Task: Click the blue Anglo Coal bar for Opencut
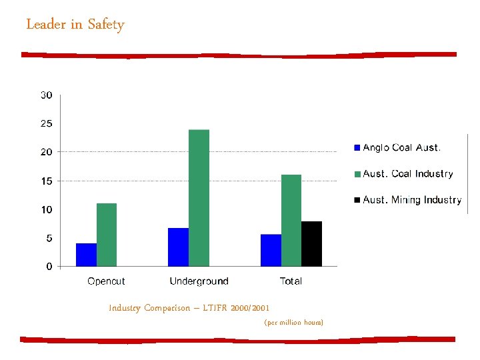tap(86, 255)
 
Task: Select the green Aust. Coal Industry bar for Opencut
tap(107, 235)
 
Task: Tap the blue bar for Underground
tap(179, 247)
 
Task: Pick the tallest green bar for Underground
tap(199, 198)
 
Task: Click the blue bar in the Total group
tap(271, 251)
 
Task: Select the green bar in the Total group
tap(291, 221)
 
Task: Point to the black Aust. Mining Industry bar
tap(311, 244)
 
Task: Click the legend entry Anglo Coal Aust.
tap(401, 147)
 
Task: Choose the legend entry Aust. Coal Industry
tap(407, 174)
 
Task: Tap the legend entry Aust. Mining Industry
tap(411, 200)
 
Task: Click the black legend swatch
tap(357, 200)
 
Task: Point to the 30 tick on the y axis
tap(47, 95)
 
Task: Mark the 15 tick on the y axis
tap(47, 181)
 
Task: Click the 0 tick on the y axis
tap(49, 267)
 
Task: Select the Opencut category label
tap(106, 281)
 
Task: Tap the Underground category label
tap(199, 281)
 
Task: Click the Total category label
tap(291, 281)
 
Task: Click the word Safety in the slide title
tap(106, 25)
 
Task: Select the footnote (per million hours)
tap(293, 323)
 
